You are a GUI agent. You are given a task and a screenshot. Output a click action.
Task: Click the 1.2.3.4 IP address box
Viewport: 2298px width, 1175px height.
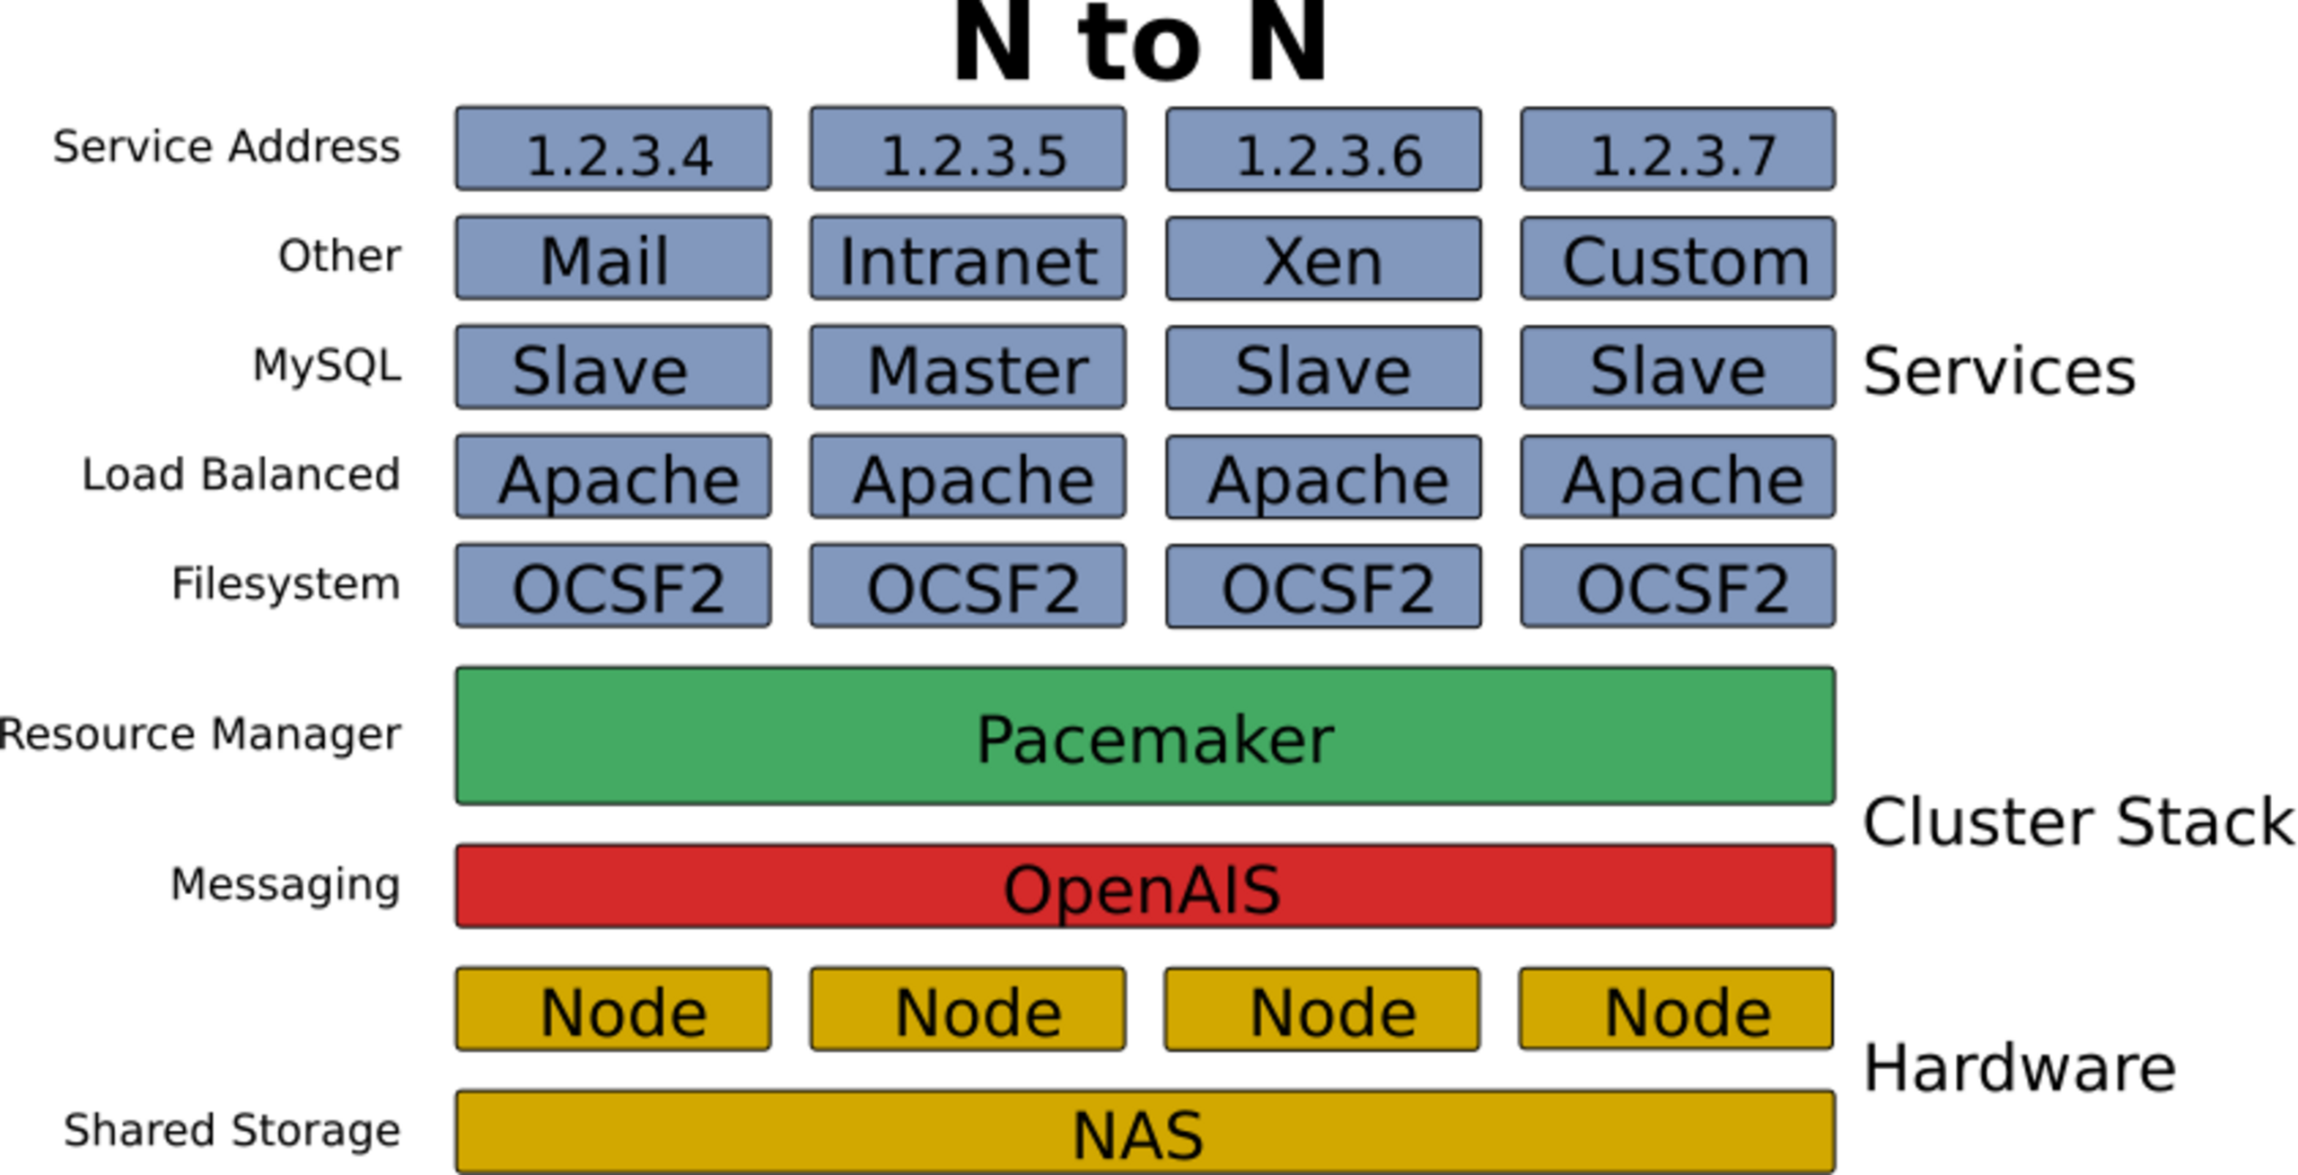coord(613,149)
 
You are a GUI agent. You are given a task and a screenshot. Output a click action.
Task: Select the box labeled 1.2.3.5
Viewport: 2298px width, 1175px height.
coord(968,149)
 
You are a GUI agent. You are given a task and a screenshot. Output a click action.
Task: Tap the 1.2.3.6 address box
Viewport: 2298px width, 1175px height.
coord(1323,149)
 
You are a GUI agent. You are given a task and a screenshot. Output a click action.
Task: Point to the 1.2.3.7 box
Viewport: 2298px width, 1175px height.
coord(1678,149)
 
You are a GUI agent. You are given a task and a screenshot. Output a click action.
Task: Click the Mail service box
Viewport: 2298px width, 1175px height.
coord(613,259)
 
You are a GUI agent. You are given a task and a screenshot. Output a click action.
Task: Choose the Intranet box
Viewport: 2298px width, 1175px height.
coord(968,259)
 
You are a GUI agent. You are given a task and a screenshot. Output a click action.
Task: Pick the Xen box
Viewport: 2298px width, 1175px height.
coord(1323,259)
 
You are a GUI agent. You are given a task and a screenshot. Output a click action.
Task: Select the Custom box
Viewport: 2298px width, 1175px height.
coord(1678,259)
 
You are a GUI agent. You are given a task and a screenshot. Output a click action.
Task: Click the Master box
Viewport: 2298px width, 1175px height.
coord(968,368)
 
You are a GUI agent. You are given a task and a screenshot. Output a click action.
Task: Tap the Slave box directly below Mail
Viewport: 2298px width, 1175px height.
coord(613,368)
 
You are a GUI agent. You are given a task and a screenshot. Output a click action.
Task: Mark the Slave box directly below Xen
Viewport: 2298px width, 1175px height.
coord(1323,368)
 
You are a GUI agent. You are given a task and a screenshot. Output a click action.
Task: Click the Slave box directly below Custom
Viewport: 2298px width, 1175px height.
coord(1678,368)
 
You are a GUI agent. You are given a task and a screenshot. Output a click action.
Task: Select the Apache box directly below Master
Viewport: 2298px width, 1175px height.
coord(968,478)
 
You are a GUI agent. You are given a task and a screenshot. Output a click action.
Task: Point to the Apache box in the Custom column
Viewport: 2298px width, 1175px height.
coord(1678,478)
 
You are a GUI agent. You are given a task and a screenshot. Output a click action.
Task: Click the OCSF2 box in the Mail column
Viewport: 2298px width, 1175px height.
coord(613,586)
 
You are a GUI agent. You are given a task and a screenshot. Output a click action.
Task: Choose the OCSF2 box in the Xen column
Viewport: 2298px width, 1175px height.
coord(1323,586)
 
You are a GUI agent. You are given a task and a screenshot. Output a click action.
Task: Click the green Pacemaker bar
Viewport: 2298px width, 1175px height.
coord(1145,736)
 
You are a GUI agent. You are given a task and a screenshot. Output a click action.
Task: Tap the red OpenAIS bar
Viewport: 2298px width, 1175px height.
coord(1145,886)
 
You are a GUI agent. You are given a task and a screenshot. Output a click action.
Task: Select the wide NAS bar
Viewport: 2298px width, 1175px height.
coord(1145,1132)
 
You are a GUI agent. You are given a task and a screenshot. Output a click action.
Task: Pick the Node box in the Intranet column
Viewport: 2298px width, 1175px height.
coord(968,1009)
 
